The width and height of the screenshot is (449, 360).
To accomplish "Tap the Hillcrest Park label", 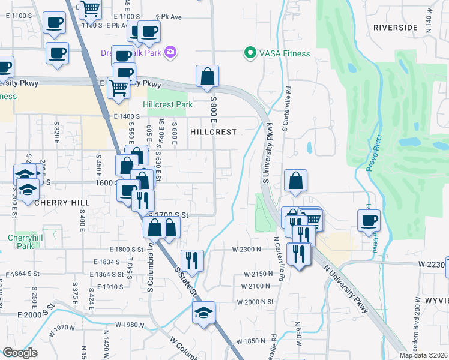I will tap(169, 104).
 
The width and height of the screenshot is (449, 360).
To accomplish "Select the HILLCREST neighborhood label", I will tap(213, 131).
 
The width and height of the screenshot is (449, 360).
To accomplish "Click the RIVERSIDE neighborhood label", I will tap(395, 28).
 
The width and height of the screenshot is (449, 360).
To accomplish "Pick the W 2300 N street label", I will tap(247, 249).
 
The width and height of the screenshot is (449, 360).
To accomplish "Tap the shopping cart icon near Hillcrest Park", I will tap(119, 88).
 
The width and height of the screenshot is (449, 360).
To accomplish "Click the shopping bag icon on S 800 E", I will tap(207, 76).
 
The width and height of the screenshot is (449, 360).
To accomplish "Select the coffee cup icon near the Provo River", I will tap(369, 220).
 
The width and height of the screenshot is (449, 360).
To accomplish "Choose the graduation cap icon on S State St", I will tap(203, 313).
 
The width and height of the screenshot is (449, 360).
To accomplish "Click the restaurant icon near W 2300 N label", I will tap(192, 260).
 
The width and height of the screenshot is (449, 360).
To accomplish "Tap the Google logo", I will tap(20, 353).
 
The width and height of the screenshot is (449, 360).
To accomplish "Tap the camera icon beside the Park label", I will tap(170, 52).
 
